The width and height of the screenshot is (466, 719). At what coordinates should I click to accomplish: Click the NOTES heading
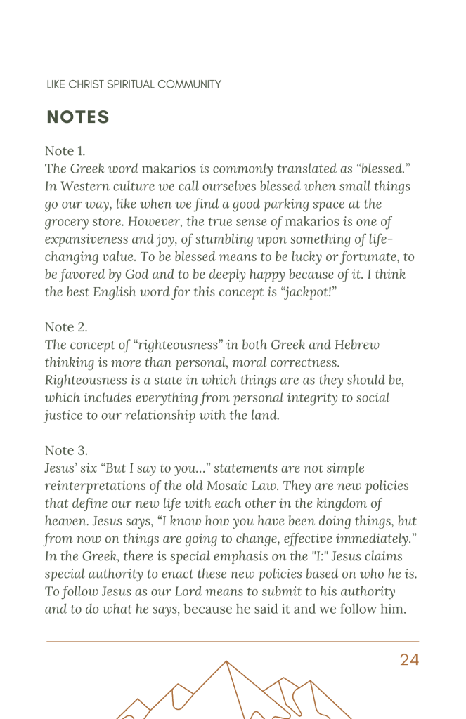pos(78,117)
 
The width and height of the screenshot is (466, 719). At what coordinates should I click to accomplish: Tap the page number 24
pos(409,659)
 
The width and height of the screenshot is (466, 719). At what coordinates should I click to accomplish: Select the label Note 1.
pos(65,151)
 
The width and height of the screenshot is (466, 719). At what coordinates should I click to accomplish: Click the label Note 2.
pos(65,326)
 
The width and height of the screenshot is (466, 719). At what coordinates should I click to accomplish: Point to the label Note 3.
pos(65,449)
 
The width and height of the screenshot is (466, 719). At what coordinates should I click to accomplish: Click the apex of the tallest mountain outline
pos(226,661)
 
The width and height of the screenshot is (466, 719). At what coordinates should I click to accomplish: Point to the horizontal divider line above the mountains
pos(233,641)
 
